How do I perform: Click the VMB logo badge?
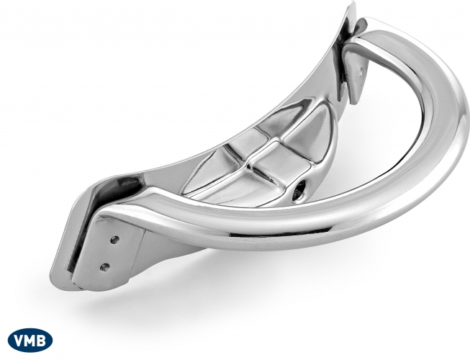30,341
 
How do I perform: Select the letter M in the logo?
30,341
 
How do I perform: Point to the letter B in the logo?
42,341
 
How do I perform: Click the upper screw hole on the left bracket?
114,240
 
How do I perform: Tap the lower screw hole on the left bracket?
104,266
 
